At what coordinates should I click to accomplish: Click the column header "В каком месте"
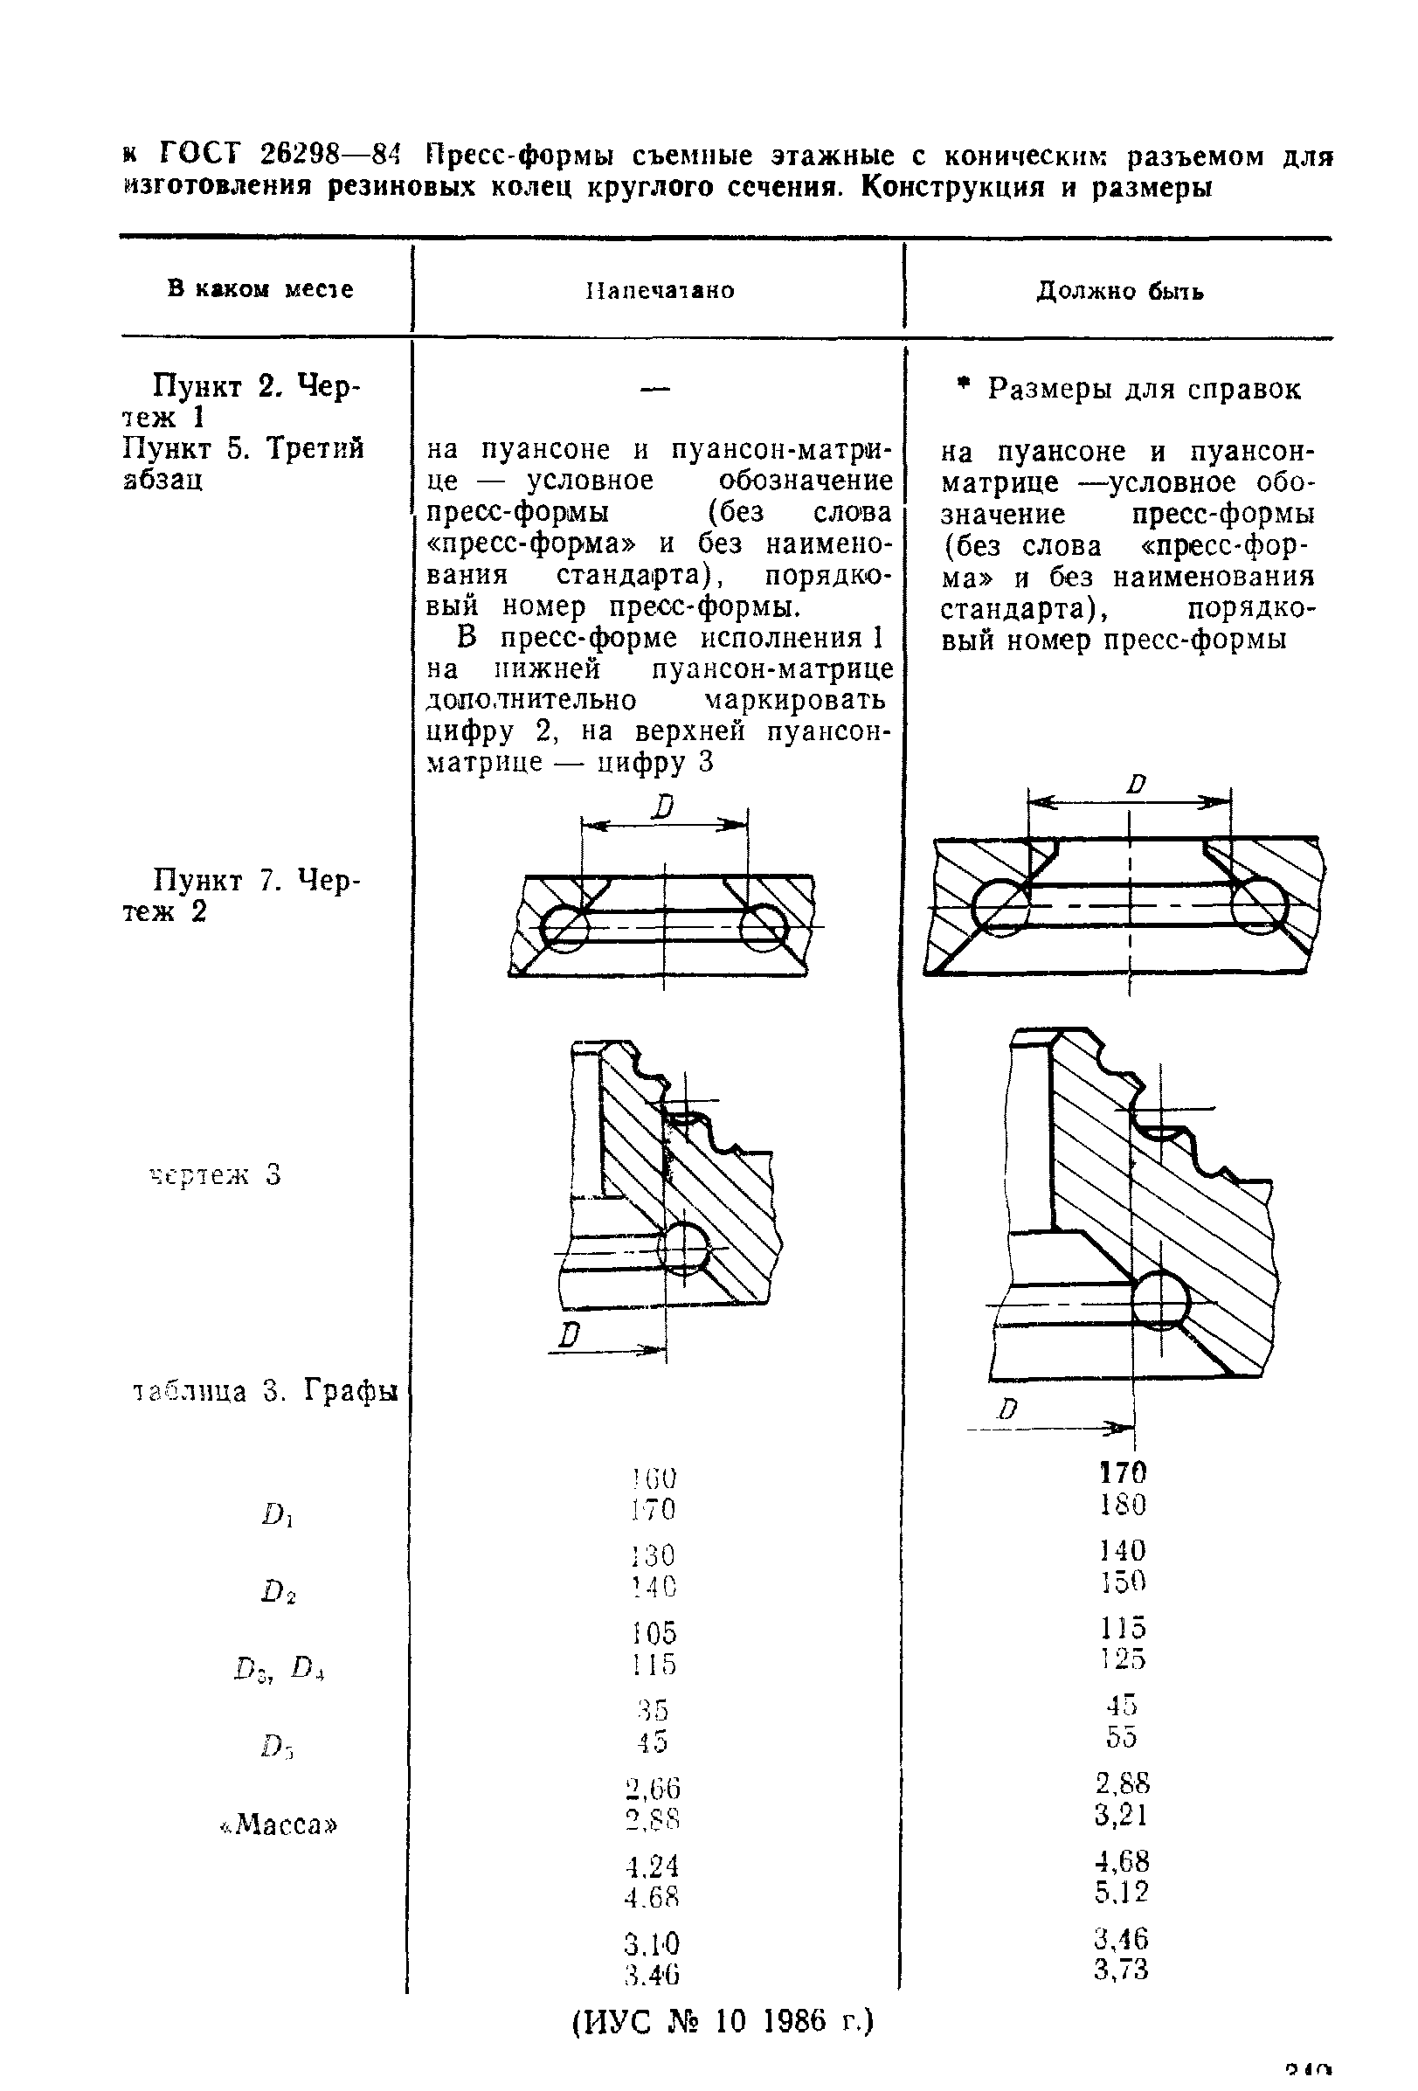tap(260, 289)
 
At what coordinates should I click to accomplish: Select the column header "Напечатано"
tap(660, 290)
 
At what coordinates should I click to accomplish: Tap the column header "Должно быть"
tap(1119, 291)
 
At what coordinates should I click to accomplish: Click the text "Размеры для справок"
tap(1144, 389)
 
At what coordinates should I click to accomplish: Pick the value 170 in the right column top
tap(1123, 1472)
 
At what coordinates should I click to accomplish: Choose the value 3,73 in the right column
tap(1121, 1970)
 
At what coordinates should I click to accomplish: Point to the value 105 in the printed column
tap(654, 1632)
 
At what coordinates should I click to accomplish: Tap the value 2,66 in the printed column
tap(654, 1787)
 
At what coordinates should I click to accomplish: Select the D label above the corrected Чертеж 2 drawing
tap(1137, 784)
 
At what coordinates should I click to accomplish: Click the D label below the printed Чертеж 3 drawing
tap(568, 1335)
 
